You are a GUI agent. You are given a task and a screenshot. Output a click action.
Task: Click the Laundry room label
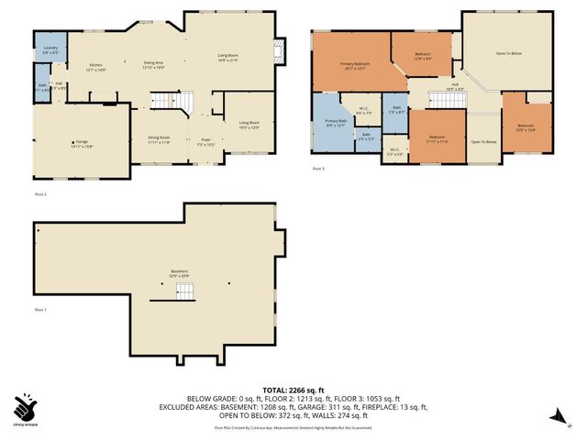coord(50,49)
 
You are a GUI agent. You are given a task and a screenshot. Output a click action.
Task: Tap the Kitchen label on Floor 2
coord(96,67)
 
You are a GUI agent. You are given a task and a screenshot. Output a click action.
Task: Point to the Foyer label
coord(206,143)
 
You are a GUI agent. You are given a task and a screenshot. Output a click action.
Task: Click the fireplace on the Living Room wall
coord(281,51)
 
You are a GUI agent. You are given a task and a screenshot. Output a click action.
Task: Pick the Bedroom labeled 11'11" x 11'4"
coord(437,138)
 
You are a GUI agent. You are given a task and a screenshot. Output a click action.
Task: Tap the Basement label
coord(178,273)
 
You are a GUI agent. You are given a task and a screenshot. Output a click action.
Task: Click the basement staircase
coord(185,291)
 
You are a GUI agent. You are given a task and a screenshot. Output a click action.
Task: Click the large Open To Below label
coord(508,54)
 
